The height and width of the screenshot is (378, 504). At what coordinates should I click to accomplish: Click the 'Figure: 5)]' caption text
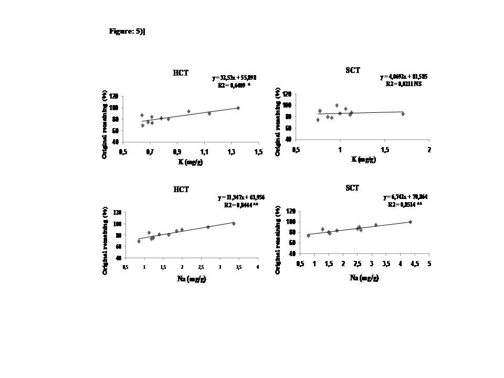tap(127, 31)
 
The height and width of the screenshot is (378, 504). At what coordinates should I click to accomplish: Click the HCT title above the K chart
tap(181, 74)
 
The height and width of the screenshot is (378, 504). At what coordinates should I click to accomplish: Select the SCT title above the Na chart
tap(352, 188)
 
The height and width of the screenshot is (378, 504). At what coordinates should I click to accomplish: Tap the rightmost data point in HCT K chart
tap(238, 108)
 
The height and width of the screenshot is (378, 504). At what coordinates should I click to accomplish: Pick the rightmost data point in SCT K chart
tap(403, 114)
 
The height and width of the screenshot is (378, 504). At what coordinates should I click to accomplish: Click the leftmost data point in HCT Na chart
tap(139, 241)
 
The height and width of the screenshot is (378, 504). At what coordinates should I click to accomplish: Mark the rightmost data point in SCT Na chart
tap(411, 222)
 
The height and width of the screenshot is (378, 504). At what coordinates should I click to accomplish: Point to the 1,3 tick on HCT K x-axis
tap(232, 152)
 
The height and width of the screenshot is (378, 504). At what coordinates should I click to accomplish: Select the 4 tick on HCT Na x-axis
tap(258, 267)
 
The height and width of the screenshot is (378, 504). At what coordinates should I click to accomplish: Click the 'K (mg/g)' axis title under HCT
tap(190, 162)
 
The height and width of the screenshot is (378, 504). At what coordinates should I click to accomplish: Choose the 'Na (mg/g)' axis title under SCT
tap(364, 278)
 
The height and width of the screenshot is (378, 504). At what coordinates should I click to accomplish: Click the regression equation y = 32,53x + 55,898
tap(234, 78)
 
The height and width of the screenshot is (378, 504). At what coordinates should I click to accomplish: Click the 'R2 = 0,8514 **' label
tap(405, 205)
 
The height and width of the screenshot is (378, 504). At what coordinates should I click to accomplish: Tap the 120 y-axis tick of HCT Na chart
tap(117, 212)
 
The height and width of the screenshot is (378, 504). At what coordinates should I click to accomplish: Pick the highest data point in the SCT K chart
tap(337, 106)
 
